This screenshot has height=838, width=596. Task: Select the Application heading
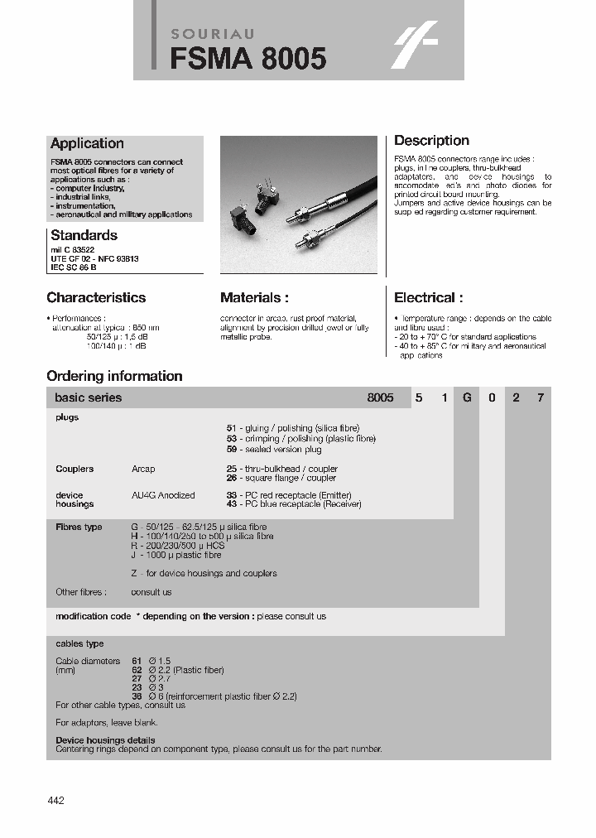click(x=87, y=144)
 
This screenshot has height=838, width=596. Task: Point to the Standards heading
click(x=84, y=235)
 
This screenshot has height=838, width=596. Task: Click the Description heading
click(x=431, y=141)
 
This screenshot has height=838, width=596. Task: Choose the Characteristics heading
click(x=96, y=298)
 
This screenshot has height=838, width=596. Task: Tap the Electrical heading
click(x=428, y=298)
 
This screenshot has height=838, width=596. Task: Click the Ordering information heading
click(x=114, y=376)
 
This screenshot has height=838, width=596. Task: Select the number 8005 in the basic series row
click(x=380, y=397)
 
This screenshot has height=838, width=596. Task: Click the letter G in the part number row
click(x=467, y=397)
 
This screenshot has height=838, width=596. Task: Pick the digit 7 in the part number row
click(x=541, y=397)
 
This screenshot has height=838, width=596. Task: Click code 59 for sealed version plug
click(x=232, y=449)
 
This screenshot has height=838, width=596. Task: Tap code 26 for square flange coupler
click(x=232, y=478)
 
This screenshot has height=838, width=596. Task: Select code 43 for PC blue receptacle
click(x=232, y=503)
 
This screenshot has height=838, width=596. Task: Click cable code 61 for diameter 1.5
click(x=137, y=661)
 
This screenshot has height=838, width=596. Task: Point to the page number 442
click(x=55, y=800)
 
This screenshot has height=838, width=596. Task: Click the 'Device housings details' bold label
click(x=105, y=740)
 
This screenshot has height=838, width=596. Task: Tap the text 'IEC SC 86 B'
click(x=74, y=267)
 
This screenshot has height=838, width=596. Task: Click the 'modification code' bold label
click(x=93, y=616)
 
